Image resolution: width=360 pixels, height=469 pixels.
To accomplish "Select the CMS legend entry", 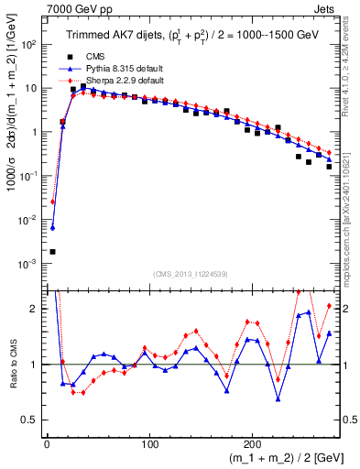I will click(94, 57).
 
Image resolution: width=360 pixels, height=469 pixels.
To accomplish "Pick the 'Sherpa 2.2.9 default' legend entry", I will click(115, 80).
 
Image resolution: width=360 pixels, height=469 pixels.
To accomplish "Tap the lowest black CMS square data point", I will click(52, 251).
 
